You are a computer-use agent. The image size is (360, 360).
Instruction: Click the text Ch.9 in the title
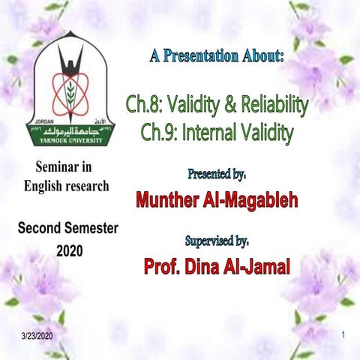click(159, 133)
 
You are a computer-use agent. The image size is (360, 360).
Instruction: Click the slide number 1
click(341, 332)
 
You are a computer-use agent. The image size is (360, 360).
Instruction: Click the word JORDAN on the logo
click(41, 118)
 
